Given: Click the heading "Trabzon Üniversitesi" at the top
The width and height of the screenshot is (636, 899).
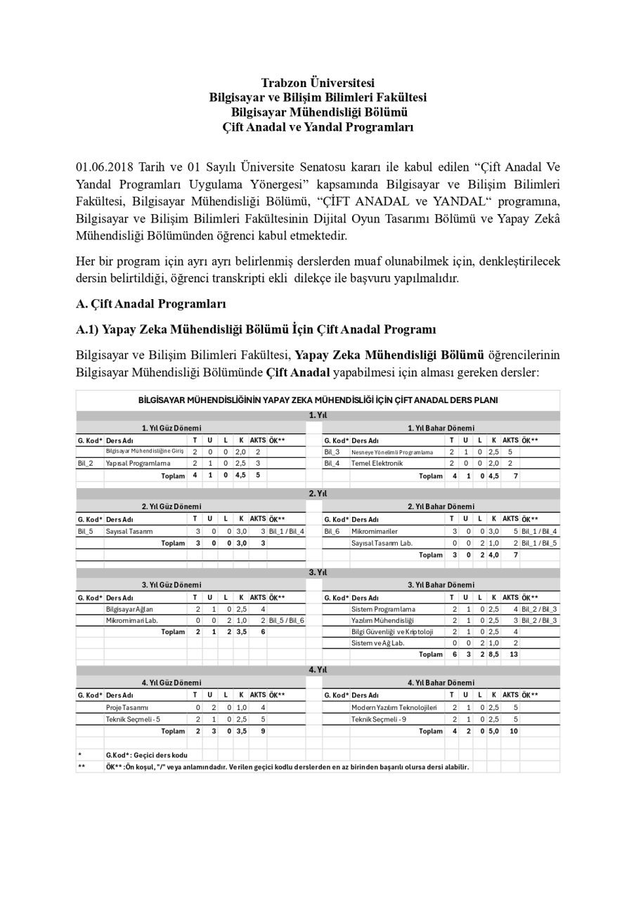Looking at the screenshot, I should [318, 83].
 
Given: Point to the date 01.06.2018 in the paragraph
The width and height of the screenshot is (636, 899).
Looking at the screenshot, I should [103, 168].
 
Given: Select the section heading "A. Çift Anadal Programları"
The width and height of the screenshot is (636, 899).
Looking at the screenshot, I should [151, 304].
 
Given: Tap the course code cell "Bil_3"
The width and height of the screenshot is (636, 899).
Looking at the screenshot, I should [332, 452].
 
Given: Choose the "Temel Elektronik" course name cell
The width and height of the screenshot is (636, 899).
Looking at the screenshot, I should [377, 464].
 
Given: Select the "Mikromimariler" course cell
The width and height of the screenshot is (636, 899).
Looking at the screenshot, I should [374, 532].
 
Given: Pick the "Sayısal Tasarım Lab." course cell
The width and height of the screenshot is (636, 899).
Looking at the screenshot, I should [382, 543].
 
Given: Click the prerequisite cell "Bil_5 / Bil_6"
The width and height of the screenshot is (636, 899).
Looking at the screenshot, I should [286, 621].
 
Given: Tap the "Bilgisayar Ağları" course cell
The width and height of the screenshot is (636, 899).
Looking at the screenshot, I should [129, 610].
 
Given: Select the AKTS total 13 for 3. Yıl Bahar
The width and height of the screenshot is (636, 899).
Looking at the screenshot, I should [514, 655].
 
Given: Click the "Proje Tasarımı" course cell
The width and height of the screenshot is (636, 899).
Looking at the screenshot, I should [127, 707].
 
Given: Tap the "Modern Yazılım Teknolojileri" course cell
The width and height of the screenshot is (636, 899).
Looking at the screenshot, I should [394, 707].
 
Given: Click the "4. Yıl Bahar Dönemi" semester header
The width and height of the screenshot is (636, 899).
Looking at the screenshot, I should [441, 683].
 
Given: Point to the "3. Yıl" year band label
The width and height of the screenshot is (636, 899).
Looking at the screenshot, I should [318, 572].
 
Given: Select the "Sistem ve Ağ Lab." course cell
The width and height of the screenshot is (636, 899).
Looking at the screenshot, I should [377, 643].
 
